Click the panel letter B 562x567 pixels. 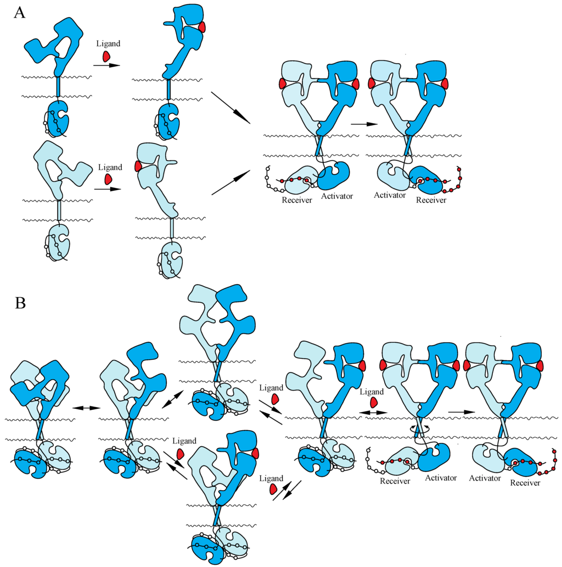(x=20, y=302)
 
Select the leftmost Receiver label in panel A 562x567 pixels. (x=297, y=200)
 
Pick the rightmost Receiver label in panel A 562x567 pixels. (x=431, y=201)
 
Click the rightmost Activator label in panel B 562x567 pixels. (x=485, y=478)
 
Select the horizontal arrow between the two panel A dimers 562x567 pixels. (x=363, y=124)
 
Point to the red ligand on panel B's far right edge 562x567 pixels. (x=539, y=365)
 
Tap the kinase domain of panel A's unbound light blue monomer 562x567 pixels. (x=58, y=241)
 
